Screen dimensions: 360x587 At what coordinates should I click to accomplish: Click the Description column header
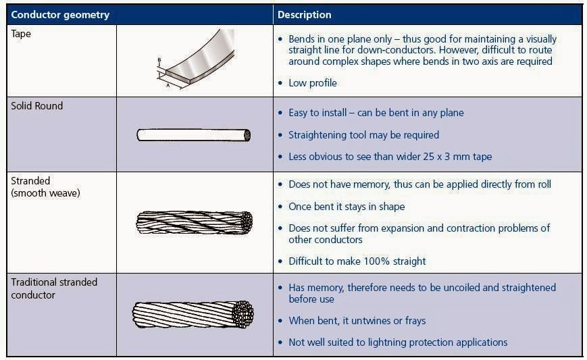tap(305, 14)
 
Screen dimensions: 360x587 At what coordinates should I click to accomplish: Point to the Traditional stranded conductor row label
tap(55, 288)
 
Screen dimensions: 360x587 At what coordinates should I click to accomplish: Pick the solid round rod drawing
tap(194, 135)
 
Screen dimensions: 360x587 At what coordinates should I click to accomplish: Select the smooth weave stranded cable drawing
tap(195, 222)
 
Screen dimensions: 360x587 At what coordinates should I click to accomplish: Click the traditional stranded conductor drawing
tap(195, 315)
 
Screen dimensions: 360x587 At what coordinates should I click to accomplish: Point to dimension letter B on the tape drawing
tap(159, 60)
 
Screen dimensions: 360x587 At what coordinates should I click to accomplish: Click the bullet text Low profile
tap(312, 83)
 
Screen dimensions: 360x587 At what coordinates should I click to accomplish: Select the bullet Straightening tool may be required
tap(363, 134)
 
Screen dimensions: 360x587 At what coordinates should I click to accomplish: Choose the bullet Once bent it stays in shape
tap(347, 207)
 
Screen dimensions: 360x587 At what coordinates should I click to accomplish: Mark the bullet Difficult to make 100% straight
tap(357, 261)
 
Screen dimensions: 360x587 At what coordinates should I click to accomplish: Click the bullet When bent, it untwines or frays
tap(357, 320)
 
